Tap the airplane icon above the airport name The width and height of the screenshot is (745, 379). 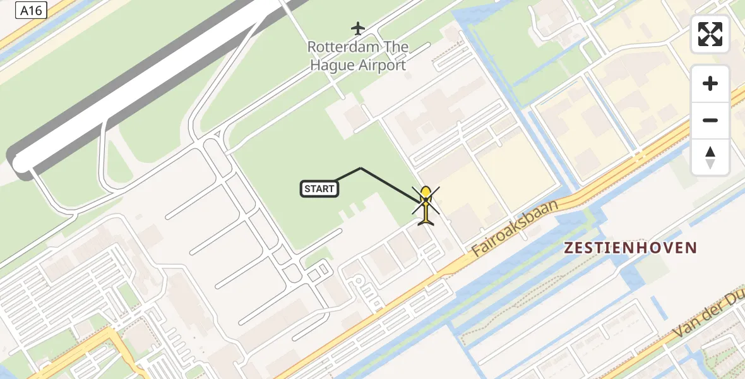point(358,28)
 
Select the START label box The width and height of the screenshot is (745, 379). point(319,188)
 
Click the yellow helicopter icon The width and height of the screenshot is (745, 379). point(426,206)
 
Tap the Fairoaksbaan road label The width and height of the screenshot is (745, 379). point(515,229)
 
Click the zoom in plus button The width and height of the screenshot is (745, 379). point(710,84)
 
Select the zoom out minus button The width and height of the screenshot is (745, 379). point(710,120)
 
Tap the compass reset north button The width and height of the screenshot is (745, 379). point(710,157)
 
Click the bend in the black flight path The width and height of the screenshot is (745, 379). point(361,168)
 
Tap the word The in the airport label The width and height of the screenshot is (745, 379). point(396,47)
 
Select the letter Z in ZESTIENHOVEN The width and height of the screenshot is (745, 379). point(569,248)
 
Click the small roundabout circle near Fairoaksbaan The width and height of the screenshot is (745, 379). point(358,280)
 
